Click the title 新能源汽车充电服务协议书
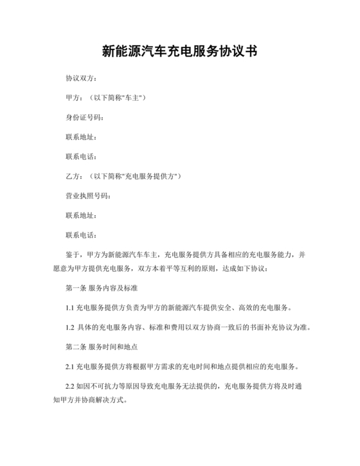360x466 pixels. (180, 51)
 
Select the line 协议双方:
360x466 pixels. (81, 78)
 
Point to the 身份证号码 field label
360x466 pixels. (84, 117)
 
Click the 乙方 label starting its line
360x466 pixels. (72, 175)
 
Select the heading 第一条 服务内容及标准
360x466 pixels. (103, 287)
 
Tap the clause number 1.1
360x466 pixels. (70, 307)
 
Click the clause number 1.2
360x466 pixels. (70, 327)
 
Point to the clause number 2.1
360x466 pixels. (70, 366)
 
